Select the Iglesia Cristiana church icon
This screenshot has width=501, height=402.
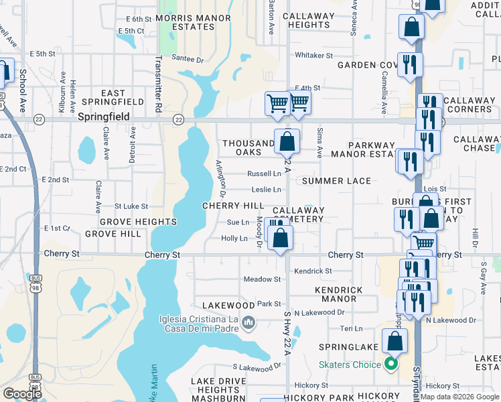(x=248, y=324)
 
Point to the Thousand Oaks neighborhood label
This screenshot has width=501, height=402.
(x=248, y=147)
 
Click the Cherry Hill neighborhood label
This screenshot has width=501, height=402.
(x=234, y=206)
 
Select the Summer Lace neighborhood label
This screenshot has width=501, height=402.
(x=336, y=181)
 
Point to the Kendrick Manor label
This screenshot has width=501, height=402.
(x=339, y=294)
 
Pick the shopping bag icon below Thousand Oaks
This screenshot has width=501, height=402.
(x=287, y=142)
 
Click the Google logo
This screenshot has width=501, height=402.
(x=21, y=393)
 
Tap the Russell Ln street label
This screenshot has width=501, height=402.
(x=264, y=174)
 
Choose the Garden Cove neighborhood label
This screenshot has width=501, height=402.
(x=368, y=65)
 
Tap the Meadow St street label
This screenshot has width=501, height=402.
(x=262, y=279)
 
